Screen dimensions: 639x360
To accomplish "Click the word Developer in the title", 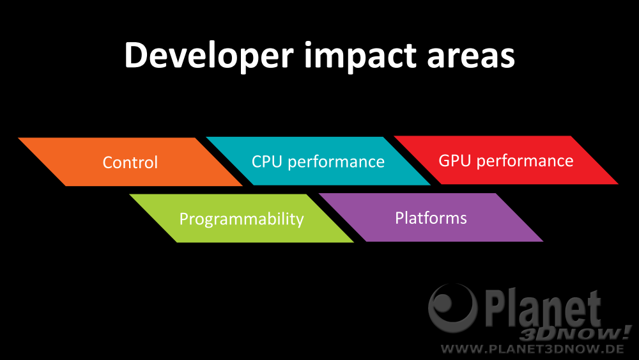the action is [209, 56].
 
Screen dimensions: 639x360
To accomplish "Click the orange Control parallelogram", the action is [130, 162].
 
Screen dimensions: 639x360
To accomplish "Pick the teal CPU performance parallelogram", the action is [318, 161].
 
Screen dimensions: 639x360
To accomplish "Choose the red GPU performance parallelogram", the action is [506, 160].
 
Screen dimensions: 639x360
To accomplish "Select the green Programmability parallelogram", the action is [242, 218].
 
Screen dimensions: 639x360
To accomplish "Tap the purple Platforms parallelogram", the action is [431, 217].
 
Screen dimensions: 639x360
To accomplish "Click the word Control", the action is [130, 162].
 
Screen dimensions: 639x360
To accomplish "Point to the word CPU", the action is [267, 161].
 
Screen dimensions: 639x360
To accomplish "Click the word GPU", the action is [455, 160].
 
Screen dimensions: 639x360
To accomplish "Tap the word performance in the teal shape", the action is [336, 162].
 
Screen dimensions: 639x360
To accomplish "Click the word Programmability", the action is [242, 219].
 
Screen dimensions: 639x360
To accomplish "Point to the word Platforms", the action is [431, 217].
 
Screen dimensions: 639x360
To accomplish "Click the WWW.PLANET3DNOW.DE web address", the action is [532, 349].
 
